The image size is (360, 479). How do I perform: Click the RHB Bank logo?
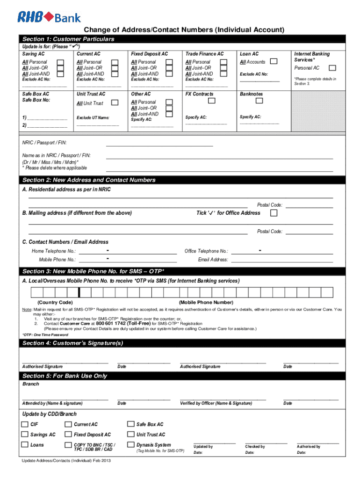49,17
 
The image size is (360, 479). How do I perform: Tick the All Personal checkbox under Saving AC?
60,62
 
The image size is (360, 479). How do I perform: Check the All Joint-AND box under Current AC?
115,73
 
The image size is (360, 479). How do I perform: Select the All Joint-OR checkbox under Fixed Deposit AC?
169,68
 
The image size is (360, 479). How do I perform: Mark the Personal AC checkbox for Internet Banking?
327,68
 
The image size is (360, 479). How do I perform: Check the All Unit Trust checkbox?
115,103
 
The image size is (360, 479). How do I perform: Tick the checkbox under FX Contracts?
212,100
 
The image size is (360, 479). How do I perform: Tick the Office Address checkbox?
274,213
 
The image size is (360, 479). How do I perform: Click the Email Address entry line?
282,260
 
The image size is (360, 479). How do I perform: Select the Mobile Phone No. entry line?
128,260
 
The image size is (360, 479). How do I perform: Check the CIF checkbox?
24,424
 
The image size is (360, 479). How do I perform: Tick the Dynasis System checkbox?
130,445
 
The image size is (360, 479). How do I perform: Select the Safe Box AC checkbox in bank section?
130,424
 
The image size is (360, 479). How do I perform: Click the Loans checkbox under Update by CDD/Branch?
24,445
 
